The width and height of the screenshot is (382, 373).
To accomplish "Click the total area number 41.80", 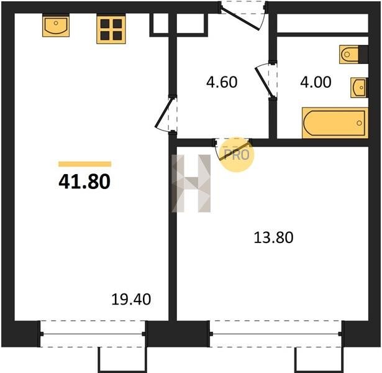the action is coord(84,182).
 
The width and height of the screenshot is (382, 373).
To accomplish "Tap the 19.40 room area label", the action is coord(131,300).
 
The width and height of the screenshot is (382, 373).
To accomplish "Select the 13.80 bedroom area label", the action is coord(273,237).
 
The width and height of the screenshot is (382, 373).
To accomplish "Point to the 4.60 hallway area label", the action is coord(222,82).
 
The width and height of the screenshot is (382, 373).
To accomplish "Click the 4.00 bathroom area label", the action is coord(316,82).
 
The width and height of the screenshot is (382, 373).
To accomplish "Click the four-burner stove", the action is coord(111,30).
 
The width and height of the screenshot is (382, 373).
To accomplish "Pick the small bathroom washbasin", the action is coord(359,88).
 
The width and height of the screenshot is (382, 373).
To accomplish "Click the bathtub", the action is coord(335,123).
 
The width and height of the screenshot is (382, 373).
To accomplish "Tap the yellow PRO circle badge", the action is coord(237,155).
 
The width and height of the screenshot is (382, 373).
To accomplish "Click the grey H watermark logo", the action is coord(191,183).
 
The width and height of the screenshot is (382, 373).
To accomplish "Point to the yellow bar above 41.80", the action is coord(84,164).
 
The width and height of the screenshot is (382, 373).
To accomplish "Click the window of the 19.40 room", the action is coord(93,334).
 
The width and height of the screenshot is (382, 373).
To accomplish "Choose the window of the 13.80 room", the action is coord(276,334).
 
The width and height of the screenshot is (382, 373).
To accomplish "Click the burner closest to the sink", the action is coord(105,24).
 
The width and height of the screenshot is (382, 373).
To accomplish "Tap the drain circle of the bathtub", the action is coord(359,123).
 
